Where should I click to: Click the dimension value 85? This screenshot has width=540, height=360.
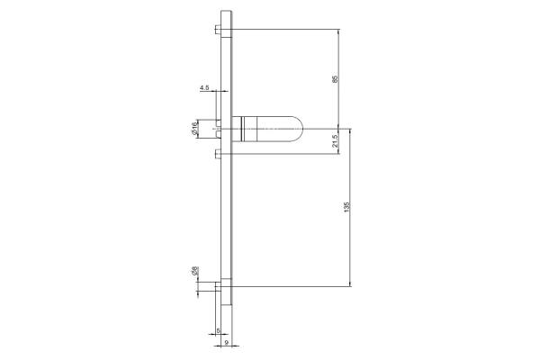pyautogui.click(x=335, y=79)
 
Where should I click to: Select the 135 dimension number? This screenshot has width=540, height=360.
pyautogui.click(x=346, y=207)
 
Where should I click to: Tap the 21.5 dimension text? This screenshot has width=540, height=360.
pyautogui.click(x=335, y=141)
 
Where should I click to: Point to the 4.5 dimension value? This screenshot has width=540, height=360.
pyautogui.click(x=204, y=88)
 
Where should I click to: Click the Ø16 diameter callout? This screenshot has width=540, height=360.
pyautogui.click(x=194, y=128)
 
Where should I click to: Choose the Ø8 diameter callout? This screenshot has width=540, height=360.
pyautogui.click(x=194, y=271)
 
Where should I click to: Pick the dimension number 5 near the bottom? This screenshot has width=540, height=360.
pyautogui.click(x=218, y=330)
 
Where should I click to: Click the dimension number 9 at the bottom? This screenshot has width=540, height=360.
pyautogui.click(x=226, y=342)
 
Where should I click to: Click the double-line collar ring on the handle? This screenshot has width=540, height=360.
pyautogui.click(x=242, y=130)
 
